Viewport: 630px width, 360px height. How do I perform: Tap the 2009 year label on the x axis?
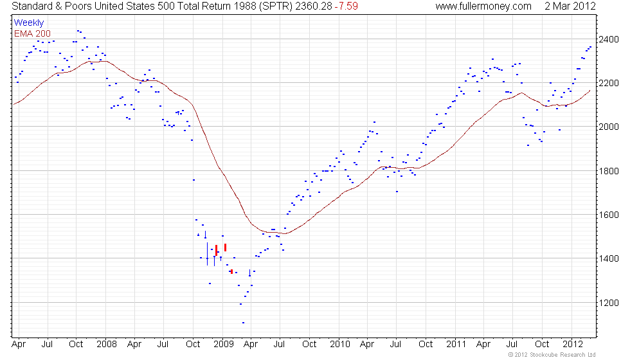(222, 345)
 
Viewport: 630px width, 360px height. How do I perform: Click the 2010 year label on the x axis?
(339, 345)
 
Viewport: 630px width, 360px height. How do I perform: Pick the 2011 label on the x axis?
(456, 345)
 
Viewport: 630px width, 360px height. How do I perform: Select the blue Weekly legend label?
(29, 23)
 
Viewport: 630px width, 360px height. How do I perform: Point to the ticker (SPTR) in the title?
(278, 6)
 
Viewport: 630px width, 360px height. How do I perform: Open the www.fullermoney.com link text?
(483, 6)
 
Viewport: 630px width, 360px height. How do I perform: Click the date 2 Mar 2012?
(570, 6)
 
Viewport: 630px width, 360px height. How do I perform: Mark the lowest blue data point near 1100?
(243, 323)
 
